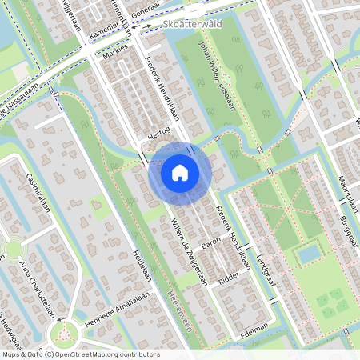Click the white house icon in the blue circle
click(x=180, y=172)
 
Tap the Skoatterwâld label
click(x=191, y=25)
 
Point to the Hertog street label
click(x=159, y=138)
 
